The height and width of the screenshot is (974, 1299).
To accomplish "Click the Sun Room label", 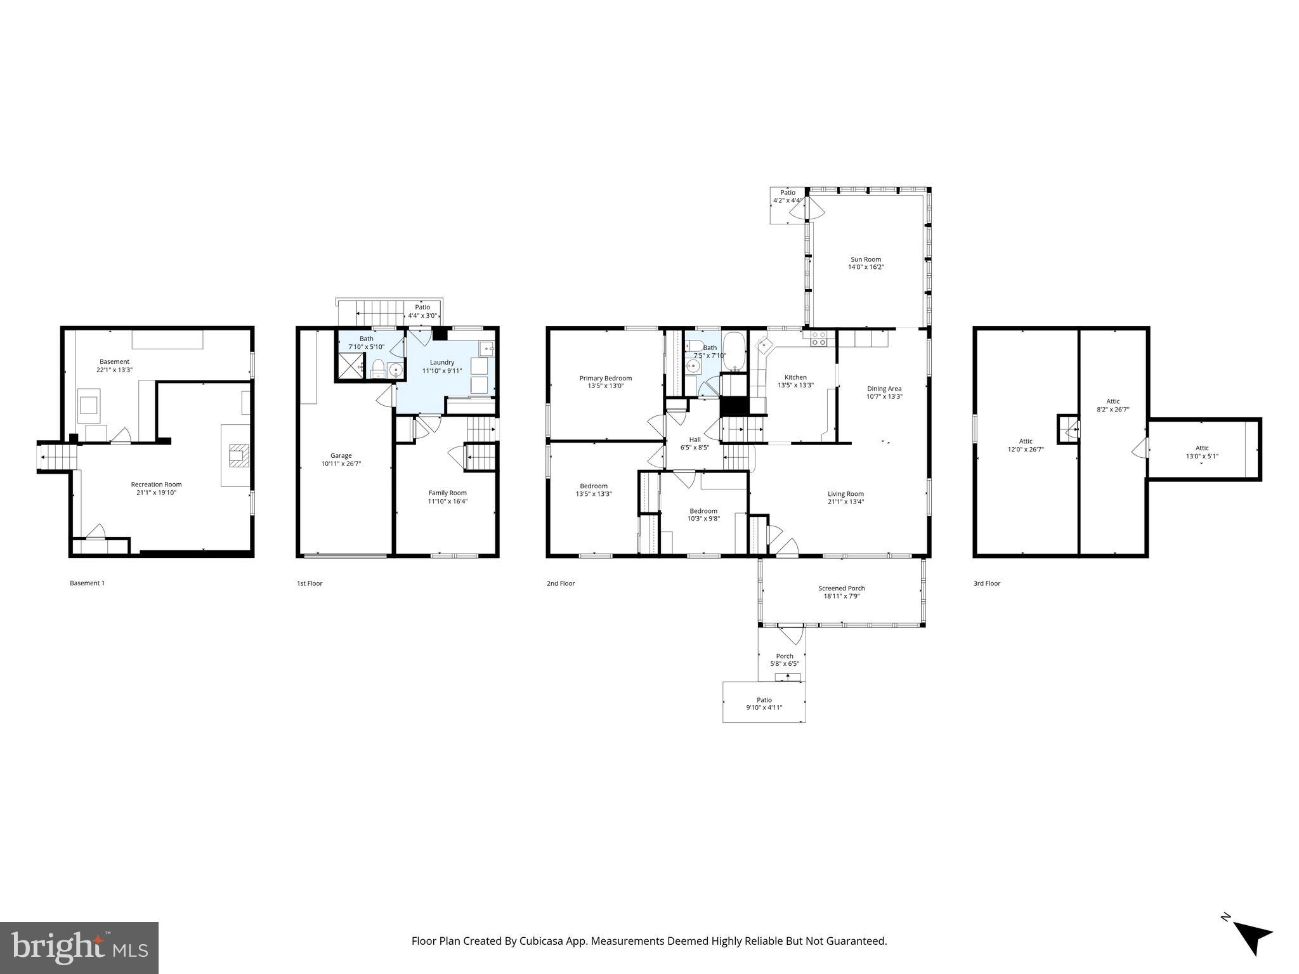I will point(866,259).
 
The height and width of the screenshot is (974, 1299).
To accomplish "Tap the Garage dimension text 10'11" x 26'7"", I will point(341,464).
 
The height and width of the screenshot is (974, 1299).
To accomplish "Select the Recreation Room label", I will point(156,484).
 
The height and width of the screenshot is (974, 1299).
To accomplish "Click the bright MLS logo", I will point(79,948).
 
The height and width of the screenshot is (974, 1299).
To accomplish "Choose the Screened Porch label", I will point(841,588).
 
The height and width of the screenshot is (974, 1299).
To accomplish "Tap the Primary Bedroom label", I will point(605,379).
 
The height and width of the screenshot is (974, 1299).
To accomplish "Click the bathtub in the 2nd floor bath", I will point(735,351).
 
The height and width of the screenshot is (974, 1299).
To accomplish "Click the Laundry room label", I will point(442,363).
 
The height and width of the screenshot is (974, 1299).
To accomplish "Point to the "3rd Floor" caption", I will point(986,583).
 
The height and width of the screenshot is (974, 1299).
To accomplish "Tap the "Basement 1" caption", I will point(87,583).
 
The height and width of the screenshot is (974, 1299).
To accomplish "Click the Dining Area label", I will point(884,389).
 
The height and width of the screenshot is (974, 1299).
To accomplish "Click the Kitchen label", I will point(795,377).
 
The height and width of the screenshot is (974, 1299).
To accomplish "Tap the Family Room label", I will point(447,493).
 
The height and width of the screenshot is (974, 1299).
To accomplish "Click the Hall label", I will point(695,439).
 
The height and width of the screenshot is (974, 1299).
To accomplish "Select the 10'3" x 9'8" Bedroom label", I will point(703,511).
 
